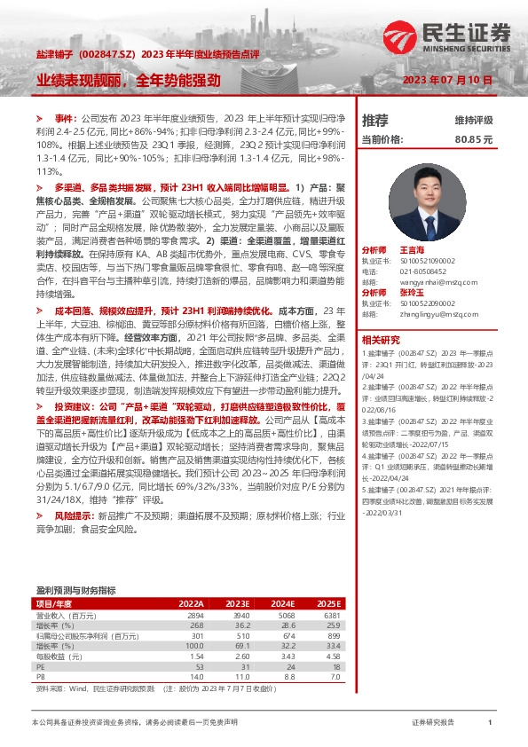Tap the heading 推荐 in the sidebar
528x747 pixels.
coord(375,120)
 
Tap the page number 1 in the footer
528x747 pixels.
coord(490,723)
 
